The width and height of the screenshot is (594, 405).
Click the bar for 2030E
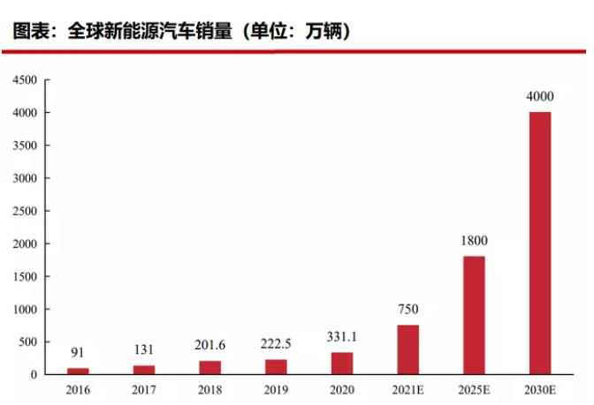point(540,243)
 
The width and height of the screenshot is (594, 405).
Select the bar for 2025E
point(474,315)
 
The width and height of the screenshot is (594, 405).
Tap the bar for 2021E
point(408,349)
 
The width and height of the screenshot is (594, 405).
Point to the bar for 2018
point(210,367)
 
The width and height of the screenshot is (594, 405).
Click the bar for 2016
point(78,371)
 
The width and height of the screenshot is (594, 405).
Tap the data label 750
point(408,310)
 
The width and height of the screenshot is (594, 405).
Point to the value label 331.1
point(342,337)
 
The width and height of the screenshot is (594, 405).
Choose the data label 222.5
point(276,344)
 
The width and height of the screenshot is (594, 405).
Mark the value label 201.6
point(210,345)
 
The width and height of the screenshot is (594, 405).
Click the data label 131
point(144,349)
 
